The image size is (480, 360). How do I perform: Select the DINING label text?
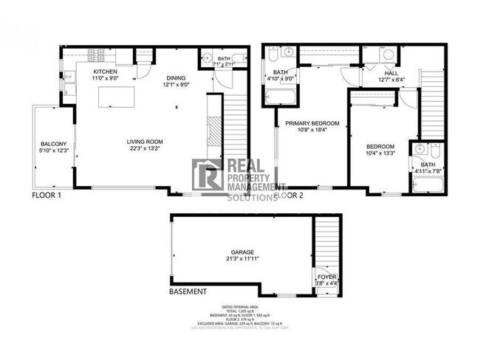pyautogui.click(x=176, y=77)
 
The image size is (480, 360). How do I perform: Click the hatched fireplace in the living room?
pyautogui.click(x=213, y=134)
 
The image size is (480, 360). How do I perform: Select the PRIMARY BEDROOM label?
pyautogui.click(x=308, y=124)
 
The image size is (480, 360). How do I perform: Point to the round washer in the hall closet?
pyautogui.click(x=388, y=55)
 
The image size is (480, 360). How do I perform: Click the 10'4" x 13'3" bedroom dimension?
pyautogui.click(x=381, y=153)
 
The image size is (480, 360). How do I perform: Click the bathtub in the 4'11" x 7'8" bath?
pyautogui.click(x=426, y=181)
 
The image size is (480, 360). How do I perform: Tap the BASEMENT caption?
pyautogui.click(x=188, y=292)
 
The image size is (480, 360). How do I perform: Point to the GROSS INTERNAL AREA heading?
pyautogui.click(x=240, y=306)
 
